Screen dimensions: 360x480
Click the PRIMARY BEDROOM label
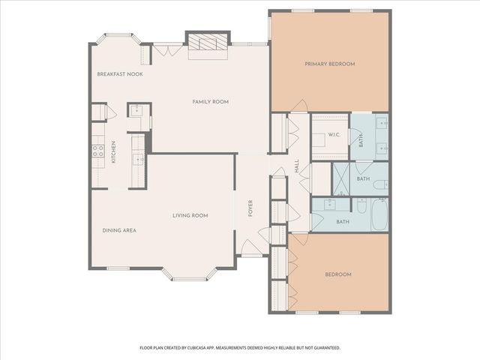tap(329, 64)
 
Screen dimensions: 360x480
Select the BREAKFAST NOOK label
tap(119, 74)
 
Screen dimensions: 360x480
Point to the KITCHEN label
tap(114, 152)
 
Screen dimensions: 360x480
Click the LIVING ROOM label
tap(190, 215)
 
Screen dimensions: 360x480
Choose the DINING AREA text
tap(119, 229)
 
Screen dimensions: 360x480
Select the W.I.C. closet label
tap(334, 135)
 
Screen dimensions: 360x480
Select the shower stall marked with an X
tap(340, 178)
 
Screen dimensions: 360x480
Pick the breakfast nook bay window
tap(118, 37)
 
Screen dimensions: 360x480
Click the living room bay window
tap(190, 274)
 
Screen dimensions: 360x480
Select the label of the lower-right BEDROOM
tap(337, 274)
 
